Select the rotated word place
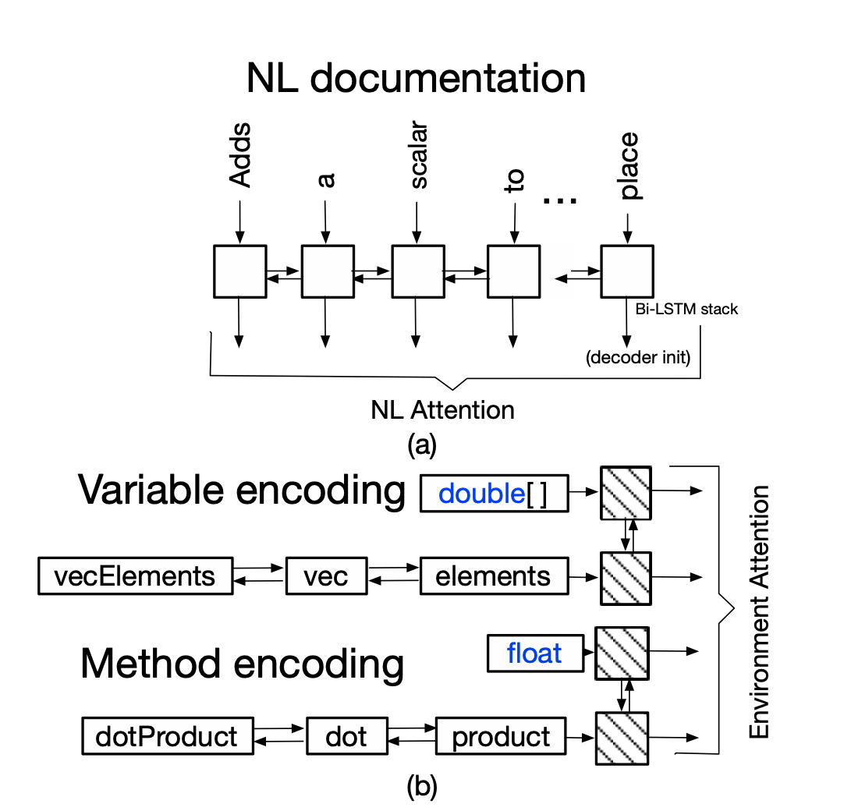[626, 165]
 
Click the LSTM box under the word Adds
[239, 271]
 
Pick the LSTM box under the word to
[514, 271]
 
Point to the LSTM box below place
[626, 271]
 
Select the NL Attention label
[442, 409]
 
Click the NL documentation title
[416, 79]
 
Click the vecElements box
[135, 575]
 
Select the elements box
[493, 575]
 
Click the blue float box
[534, 653]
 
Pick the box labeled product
[500, 736]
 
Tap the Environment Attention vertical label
[759, 612]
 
